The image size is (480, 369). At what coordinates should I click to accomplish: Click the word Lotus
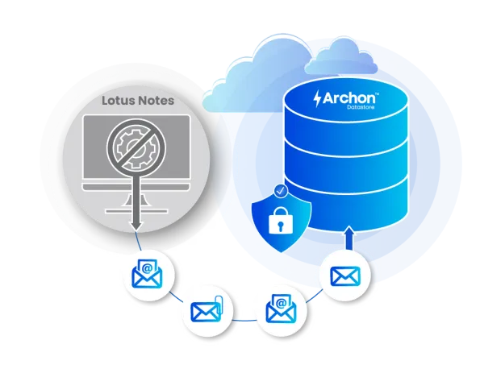click(118, 100)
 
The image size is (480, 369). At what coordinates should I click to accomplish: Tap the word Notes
click(156, 100)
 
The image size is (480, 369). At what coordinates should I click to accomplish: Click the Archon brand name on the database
click(349, 97)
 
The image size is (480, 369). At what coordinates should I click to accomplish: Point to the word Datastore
click(361, 107)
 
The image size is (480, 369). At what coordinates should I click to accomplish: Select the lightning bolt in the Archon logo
click(318, 98)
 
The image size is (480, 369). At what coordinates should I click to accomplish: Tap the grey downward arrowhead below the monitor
click(136, 226)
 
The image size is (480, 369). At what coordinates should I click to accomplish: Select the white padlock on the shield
click(281, 220)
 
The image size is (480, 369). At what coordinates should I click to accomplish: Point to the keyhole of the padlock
click(281, 226)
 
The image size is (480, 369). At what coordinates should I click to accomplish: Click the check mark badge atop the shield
click(281, 191)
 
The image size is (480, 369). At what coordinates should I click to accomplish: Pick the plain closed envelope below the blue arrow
click(345, 276)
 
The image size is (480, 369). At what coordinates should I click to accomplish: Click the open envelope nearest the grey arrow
click(147, 274)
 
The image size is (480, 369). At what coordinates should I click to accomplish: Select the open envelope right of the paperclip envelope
click(281, 309)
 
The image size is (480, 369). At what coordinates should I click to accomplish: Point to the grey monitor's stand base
click(136, 211)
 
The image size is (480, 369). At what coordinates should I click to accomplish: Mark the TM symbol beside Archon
click(378, 93)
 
